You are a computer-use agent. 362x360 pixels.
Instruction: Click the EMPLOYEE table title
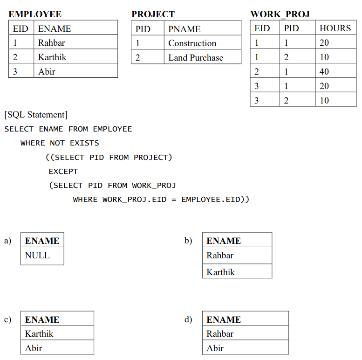click(x=35, y=14)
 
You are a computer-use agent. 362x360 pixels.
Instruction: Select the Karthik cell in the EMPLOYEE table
click(x=75, y=56)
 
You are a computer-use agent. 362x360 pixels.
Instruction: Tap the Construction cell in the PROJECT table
click(x=203, y=42)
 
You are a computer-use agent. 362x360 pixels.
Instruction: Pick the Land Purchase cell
click(x=203, y=56)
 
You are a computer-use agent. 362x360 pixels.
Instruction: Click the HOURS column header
click(x=335, y=28)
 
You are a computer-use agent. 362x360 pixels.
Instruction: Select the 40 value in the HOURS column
click(x=324, y=71)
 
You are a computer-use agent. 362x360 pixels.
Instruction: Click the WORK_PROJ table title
click(x=280, y=14)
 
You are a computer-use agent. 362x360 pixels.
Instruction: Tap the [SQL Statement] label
click(x=36, y=115)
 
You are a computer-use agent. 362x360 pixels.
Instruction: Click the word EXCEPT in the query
click(x=63, y=172)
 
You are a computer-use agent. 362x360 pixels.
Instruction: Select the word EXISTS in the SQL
click(x=84, y=143)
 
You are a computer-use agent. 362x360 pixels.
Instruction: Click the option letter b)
click(x=188, y=241)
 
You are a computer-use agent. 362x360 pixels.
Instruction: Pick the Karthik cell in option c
click(x=57, y=333)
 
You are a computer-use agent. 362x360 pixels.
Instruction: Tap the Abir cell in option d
click(x=246, y=347)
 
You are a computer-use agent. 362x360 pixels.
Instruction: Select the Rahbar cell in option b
click(x=237, y=256)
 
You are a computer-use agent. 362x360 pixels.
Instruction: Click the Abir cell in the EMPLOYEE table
click(x=75, y=70)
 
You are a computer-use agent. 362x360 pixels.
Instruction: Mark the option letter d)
click(x=188, y=319)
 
